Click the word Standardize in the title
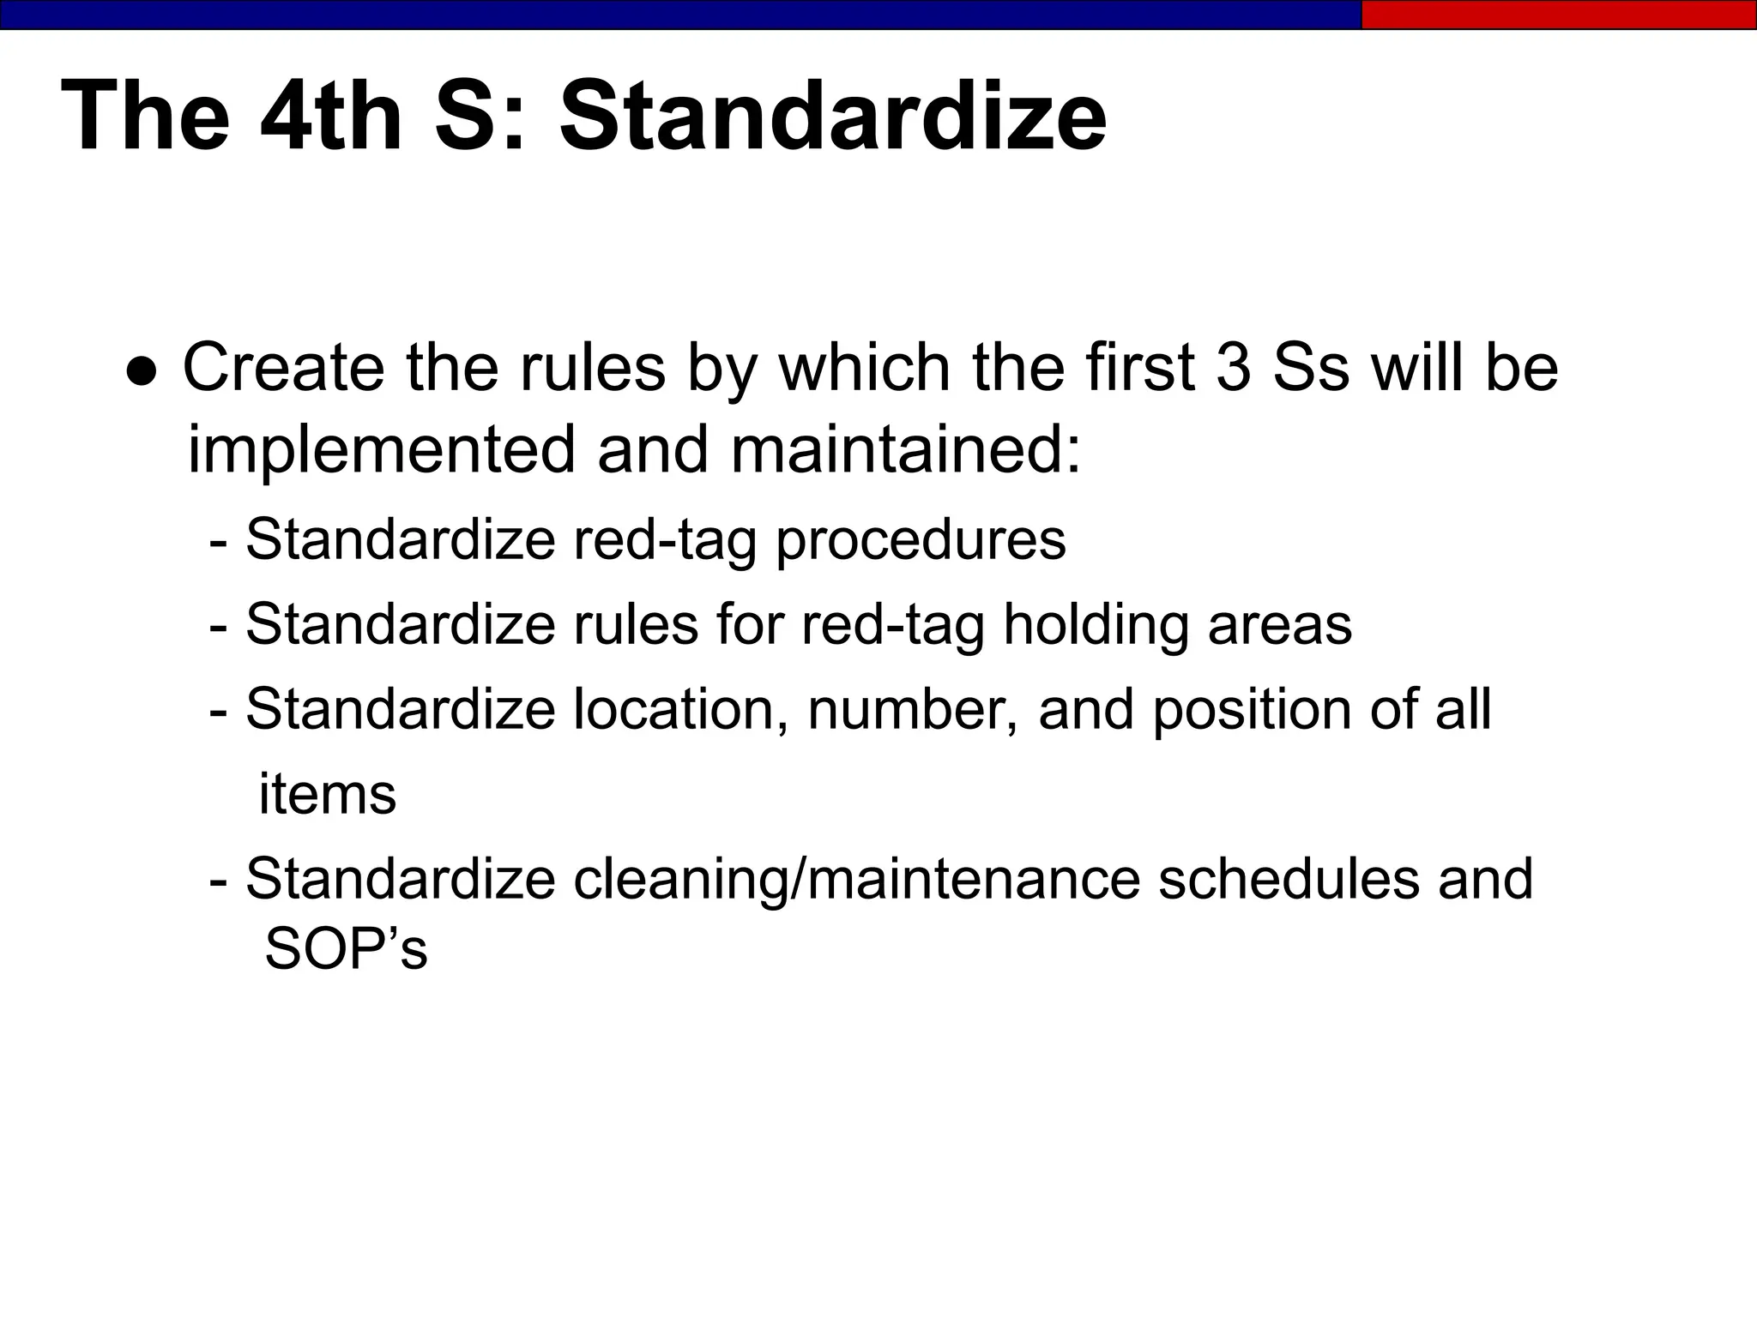coord(832,116)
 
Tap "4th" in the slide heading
coord(331,116)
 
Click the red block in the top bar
coord(1558,15)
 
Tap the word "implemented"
coord(381,450)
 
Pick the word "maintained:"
coord(906,450)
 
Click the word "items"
coord(327,795)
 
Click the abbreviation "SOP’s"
coord(346,949)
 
